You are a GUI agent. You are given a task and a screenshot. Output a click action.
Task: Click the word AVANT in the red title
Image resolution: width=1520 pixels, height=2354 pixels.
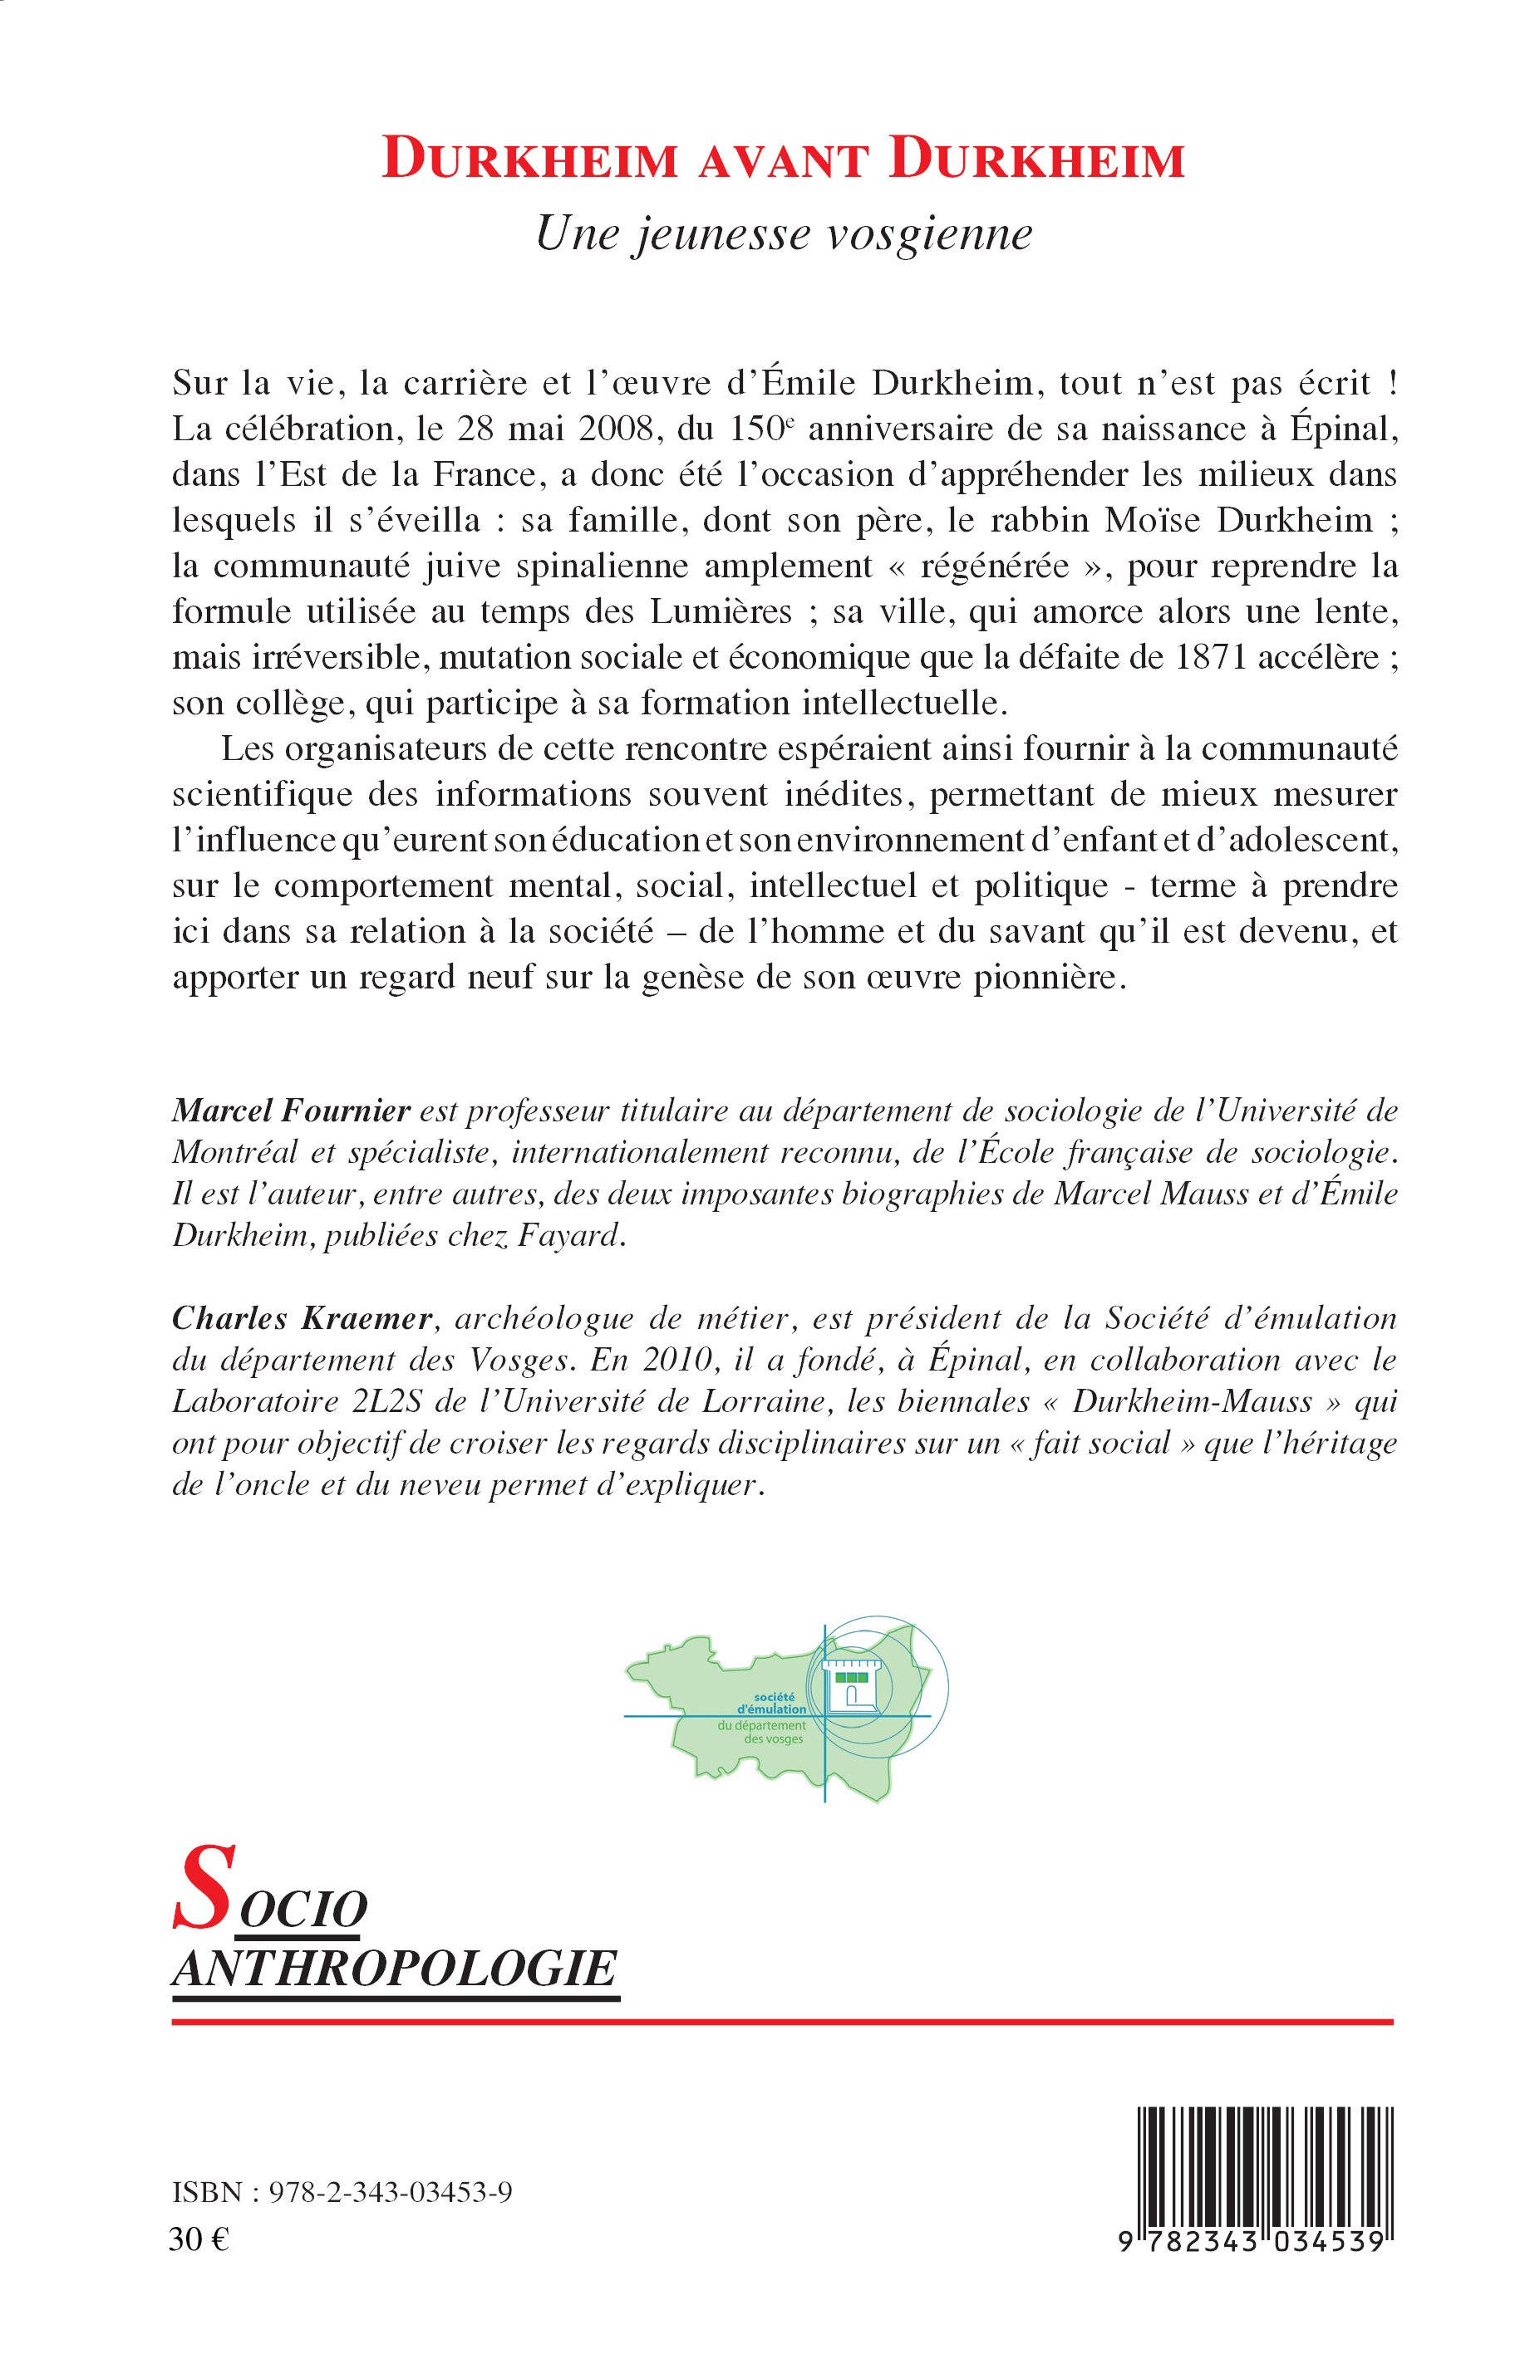point(783,162)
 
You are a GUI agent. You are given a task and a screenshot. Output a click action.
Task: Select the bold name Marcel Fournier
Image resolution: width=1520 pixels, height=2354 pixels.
point(291,1111)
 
